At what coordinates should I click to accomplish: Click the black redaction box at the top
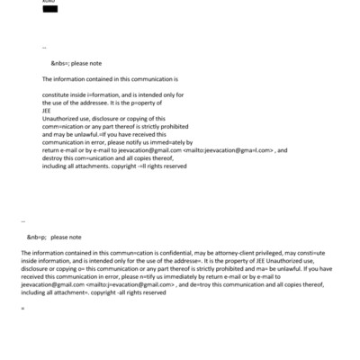click(49, 9)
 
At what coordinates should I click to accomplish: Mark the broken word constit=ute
click(319, 253)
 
